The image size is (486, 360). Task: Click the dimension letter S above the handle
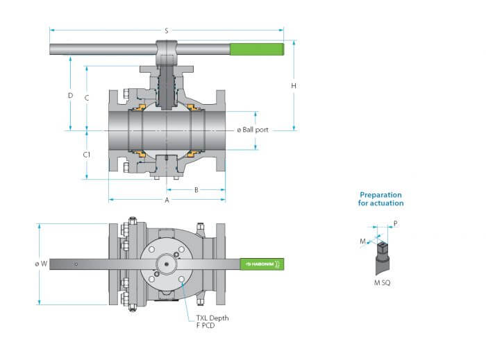[167, 31]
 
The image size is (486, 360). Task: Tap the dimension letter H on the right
[294, 86]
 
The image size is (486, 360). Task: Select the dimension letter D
[70, 96]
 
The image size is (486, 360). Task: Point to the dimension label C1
[87, 155]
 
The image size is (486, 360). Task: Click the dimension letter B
[196, 190]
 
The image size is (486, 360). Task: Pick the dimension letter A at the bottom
[167, 200]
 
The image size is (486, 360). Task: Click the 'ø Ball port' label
[253, 130]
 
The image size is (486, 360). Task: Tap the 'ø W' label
[41, 264]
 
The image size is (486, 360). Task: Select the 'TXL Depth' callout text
[212, 318]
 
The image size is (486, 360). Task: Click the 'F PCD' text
[206, 325]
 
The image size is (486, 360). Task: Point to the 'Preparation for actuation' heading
[381, 199]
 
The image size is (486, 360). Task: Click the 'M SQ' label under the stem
[382, 282]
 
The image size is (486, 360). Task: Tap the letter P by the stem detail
[396, 223]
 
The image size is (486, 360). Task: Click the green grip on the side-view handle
[257, 49]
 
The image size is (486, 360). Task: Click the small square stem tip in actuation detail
[383, 246]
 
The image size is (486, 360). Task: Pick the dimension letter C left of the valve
[87, 98]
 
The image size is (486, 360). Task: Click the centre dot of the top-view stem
[167, 264]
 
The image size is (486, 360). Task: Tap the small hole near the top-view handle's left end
[76, 264]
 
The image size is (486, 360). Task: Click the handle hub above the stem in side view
[167, 52]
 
